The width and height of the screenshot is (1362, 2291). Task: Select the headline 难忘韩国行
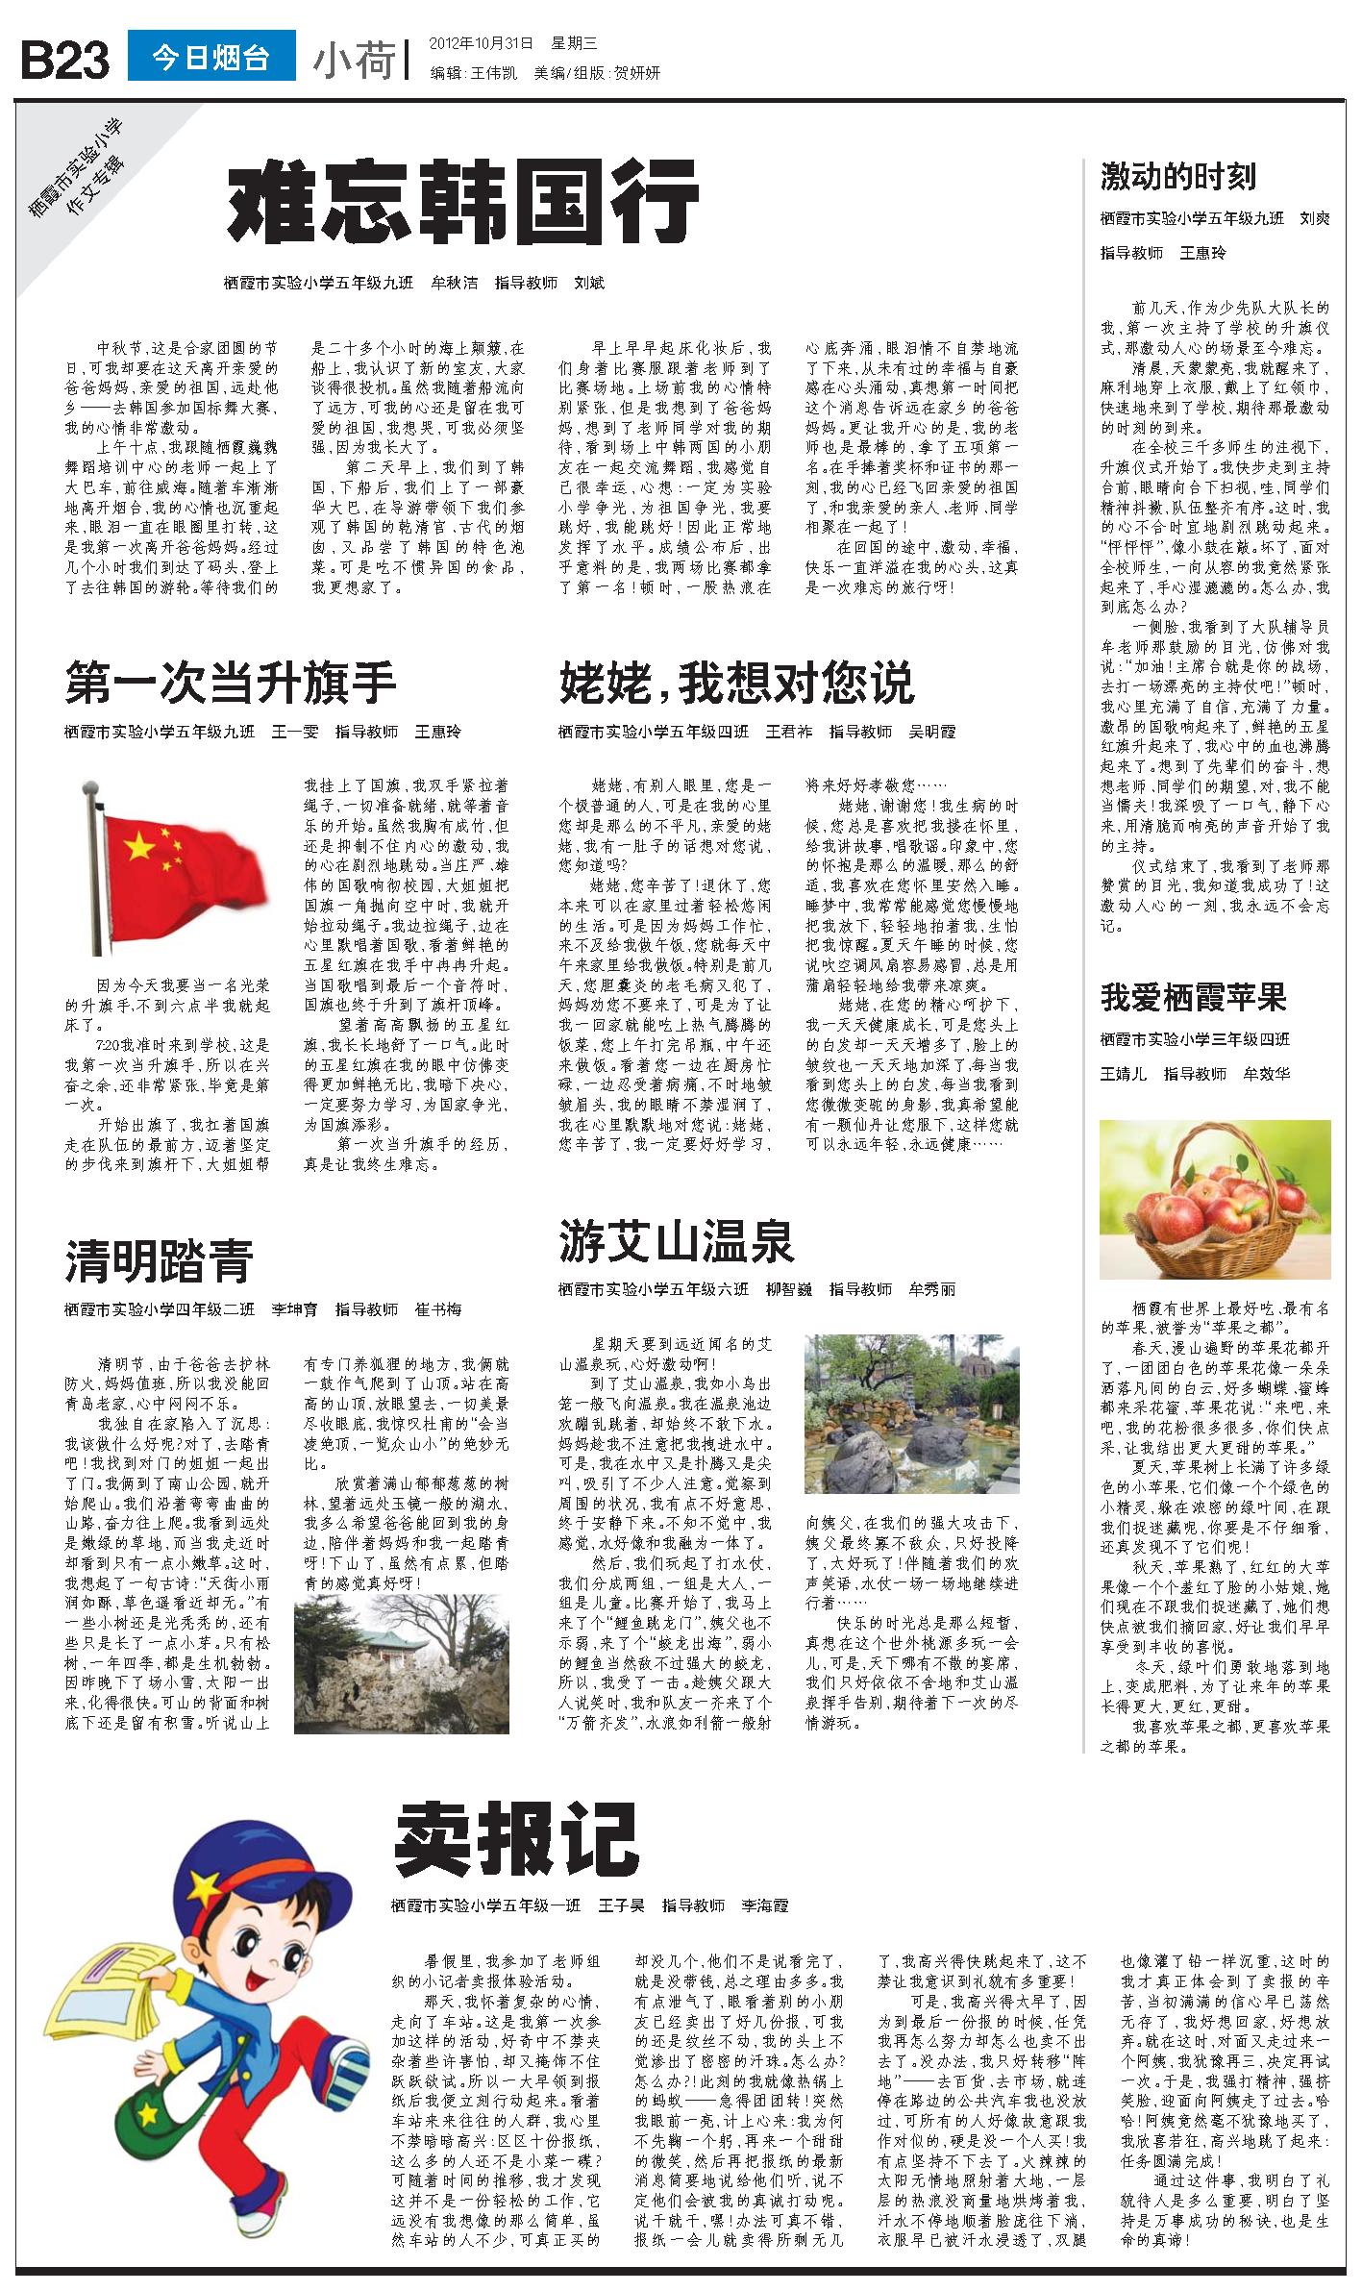click(462, 205)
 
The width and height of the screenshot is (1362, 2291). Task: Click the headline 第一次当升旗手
click(231, 683)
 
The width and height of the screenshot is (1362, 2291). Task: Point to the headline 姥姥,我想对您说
click(736, 683)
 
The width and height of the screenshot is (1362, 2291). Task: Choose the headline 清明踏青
click(160, 1261)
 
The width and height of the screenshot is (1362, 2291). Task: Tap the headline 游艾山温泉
click(676, 1241)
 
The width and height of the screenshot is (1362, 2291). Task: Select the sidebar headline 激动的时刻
click(1177, 177)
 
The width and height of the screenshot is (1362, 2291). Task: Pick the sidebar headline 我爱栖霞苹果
click(1194, 997)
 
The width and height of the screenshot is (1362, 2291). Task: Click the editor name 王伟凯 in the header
click(492, 73)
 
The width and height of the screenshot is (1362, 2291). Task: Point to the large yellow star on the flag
click(139, 847)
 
